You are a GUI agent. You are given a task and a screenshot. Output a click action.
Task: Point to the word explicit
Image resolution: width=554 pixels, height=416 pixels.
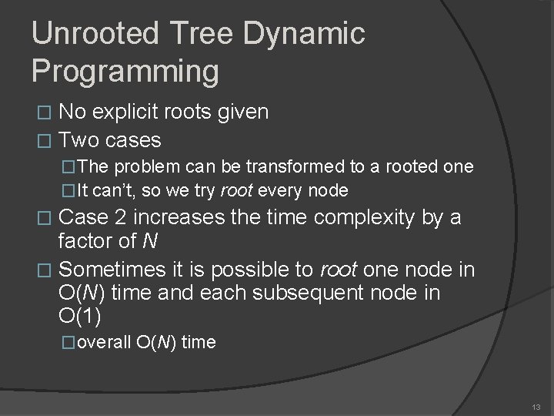pyautogui.click(x=132, y=112)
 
